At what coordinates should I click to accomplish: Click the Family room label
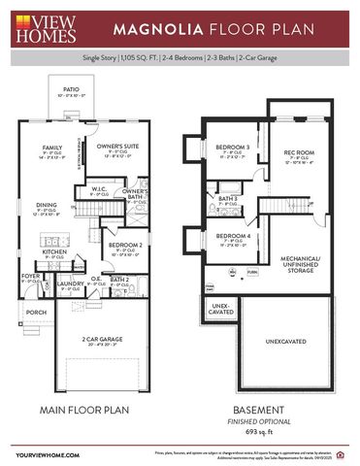[x=52, y=149]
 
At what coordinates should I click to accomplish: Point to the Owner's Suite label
[x=118, y=147]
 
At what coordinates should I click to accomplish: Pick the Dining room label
[x=47, y=205]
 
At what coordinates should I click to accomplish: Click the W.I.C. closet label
[x=100, y=190]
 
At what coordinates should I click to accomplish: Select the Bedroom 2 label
[x=126, y=244]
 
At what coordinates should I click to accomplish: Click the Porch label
[x=35, y=312]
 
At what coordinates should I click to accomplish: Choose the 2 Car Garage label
[x=102, y=339]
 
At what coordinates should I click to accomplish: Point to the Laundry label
[x=70, y=283]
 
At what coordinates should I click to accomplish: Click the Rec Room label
[x=298, y=152]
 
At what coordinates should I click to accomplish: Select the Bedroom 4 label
[x=233, y=237]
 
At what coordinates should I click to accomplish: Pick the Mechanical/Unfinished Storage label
[x=301, y=264]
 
